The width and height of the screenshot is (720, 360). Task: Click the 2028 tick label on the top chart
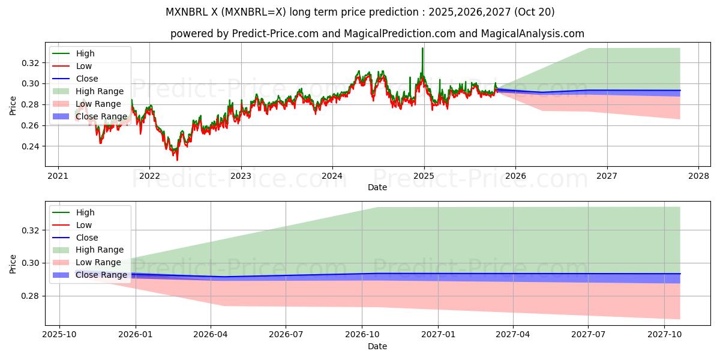tap(698, 176)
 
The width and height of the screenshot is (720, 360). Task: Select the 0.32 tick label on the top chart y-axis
tap(31, 63)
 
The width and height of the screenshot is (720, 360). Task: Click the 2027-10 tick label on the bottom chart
tap(664, 335)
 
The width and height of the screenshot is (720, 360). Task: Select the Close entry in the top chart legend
tap(87, 79)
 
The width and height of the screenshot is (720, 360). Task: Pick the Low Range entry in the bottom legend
tap(98, 262)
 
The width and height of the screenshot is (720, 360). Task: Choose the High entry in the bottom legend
tap(85, 212)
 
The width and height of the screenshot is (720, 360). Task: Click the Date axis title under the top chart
tap(377, 187)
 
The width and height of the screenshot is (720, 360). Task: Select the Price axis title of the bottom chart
tap(13, 263)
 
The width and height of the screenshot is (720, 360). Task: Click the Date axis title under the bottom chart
tap(377, 346)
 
